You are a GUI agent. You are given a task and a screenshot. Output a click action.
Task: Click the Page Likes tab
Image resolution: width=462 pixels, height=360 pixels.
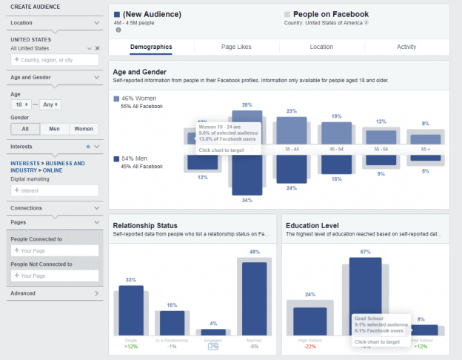(x=236, y=47)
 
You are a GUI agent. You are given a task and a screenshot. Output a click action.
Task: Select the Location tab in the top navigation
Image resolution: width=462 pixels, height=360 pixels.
(x=321, y=47)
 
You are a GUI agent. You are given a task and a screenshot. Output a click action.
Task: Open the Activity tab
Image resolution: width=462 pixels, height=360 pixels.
(x=406, y=47)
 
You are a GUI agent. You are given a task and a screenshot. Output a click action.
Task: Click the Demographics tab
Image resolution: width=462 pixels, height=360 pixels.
(x=151, y=47)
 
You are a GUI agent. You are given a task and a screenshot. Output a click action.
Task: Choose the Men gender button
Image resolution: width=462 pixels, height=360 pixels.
(x=55, y=129)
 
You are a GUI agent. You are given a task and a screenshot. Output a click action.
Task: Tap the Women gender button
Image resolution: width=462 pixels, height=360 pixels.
(x=83, y=129)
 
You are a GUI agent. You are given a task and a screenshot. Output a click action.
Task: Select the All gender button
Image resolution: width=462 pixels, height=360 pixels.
(x=25, y=129)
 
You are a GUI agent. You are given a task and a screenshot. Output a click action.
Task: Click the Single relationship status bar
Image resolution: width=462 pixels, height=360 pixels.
(x=131, y=310)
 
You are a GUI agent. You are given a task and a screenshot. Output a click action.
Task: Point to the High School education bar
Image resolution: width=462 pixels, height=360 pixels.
(x=309, y=320)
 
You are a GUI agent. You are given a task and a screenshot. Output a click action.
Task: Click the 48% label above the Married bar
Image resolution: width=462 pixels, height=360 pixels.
(x=254, y=252)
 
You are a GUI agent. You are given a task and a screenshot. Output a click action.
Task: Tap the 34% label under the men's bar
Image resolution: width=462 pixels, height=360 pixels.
(x=247, y=200)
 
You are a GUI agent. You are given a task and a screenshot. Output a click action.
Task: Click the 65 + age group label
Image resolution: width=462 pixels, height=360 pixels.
(x=424, y=149)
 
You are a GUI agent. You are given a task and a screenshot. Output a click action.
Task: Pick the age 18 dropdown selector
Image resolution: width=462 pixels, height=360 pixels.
(x=24, y=104)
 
